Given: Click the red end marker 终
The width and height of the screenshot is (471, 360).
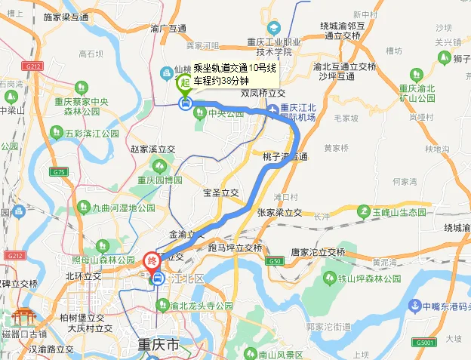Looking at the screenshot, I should tap(152, 262).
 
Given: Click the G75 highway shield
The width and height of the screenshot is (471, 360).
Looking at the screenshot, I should tap(58, 172).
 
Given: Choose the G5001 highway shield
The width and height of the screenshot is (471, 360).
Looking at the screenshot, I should tap(424, 343).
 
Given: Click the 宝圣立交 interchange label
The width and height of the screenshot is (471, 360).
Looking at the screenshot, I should tap(220, 192).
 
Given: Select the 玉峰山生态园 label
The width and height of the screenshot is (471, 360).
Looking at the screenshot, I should tap(400, 212).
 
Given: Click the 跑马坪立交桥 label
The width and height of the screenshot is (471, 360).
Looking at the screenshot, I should tap(234, 247).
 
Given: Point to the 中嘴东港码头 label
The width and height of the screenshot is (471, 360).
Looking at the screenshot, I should tap(444, 306).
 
